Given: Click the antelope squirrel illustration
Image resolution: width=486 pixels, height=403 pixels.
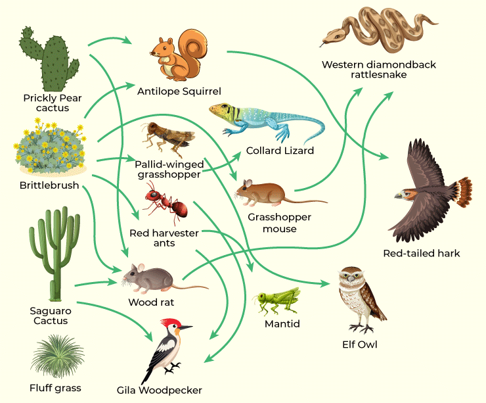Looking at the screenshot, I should click(175, 54).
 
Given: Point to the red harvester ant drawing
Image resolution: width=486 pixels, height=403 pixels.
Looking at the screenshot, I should click(167, 200).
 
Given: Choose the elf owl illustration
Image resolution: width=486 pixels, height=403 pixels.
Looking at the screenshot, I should click(357, 299).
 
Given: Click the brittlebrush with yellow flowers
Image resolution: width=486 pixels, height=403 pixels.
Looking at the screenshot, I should click(50, 150).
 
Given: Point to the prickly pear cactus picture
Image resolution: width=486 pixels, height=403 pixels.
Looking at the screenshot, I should click(49, 59).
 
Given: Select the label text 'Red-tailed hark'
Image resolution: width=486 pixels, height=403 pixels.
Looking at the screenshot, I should click(422, 253).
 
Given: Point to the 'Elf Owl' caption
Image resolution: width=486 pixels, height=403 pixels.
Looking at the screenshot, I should click(360, 344).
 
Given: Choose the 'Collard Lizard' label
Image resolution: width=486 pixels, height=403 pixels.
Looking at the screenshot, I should click(280, 151).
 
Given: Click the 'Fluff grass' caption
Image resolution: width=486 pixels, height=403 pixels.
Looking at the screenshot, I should click(55, 388).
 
